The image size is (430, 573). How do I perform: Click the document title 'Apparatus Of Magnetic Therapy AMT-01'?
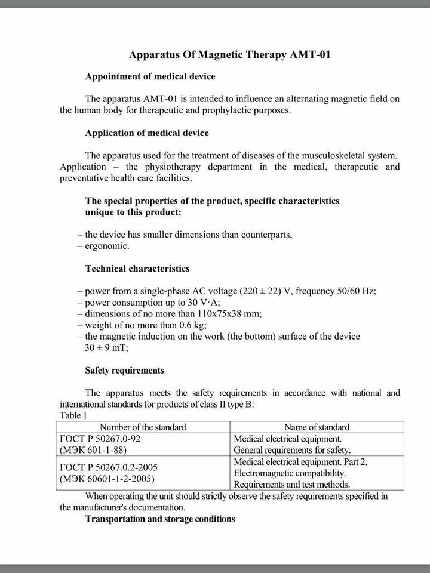click(230, 55)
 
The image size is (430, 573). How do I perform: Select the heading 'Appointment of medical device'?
click(150, 76)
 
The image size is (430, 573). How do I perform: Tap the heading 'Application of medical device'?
click(147, 133)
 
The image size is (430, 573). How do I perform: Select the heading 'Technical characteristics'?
click(137, 269)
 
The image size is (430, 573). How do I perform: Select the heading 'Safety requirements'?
click(124, 371)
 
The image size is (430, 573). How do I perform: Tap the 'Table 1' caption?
click(74, 415)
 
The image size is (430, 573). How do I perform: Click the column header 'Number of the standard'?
click(143, 427)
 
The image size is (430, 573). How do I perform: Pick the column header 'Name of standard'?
click(317, 427)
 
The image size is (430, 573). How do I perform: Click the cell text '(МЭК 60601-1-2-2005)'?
click(107, 479)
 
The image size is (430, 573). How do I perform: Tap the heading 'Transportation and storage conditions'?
click(160, 519)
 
